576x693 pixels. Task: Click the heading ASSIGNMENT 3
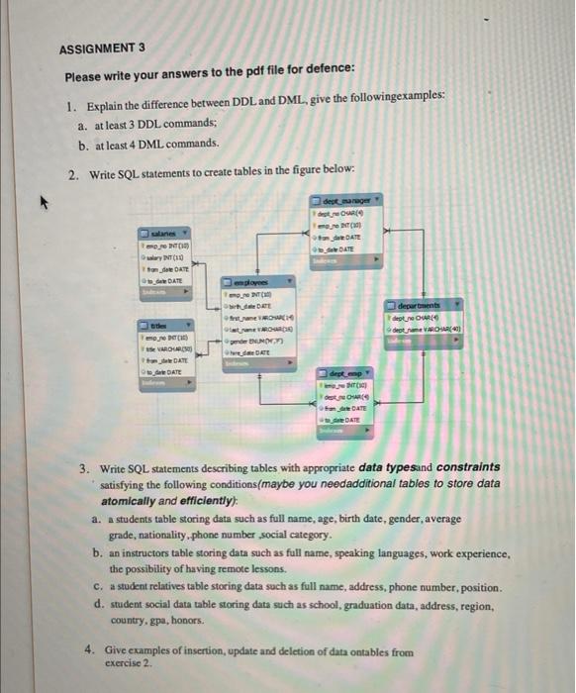pyautogui.click(x=101, y=47)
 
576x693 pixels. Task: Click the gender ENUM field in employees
pyautogui.click(x=259, y=339)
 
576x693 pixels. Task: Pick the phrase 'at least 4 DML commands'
pyautogui.click(x=155, y=144)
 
